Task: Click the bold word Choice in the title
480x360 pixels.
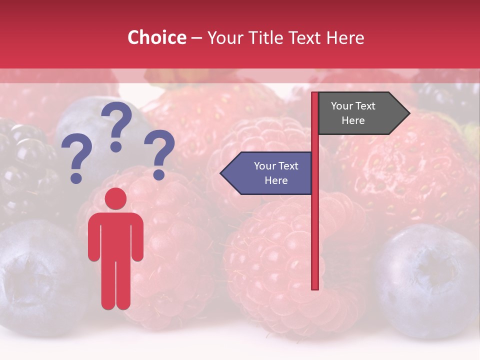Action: point(156,38)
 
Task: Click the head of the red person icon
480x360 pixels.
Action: point(115,199)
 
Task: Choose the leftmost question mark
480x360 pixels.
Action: point(76,160)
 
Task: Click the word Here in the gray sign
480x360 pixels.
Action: point(353,120)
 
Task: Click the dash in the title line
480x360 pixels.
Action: point(196,38)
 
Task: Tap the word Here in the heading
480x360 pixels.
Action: point(345,38)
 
